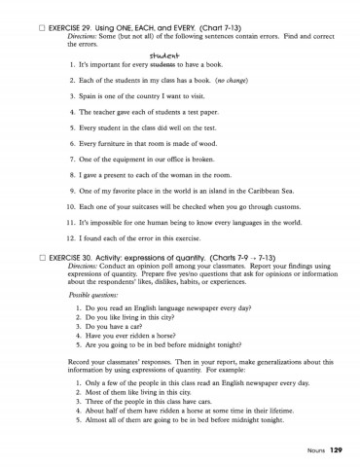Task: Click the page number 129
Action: (336, 449)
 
